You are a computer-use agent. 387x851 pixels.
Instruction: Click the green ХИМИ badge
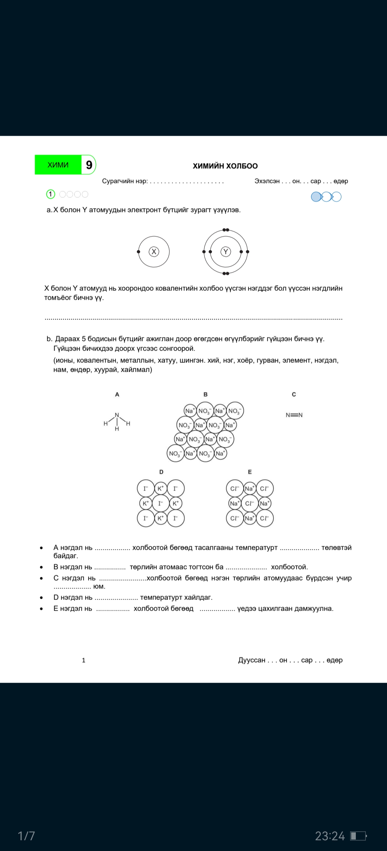click(x=58, y=165)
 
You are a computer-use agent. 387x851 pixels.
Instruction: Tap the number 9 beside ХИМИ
click(x=89, y=165)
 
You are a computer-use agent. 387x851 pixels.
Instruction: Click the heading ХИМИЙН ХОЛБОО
click(x=225, y=166)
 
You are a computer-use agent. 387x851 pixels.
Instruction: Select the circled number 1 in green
click(x=51, y=194)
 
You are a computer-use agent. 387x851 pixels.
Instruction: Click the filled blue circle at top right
click(x=316, y=197)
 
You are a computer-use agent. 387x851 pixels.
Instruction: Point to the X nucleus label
click(x=154, y=252)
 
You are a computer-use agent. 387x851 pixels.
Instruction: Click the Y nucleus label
click(x=226, y=252)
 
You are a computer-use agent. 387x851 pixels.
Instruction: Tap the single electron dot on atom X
click(x=139, y=252)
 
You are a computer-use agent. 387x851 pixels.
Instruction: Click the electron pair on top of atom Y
click(x=226, y=230)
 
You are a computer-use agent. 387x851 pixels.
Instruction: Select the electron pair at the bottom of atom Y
click(x=226, y=274)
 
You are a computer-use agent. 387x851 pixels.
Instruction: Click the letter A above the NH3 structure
click(x=117, y=394)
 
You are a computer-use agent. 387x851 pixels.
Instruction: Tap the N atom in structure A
click(x=117, y=415)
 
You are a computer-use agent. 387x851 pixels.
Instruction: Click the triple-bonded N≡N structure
click(x=294, y=415)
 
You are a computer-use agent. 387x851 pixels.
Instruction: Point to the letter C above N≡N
click(x=294, y=394)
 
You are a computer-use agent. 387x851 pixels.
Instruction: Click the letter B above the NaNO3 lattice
click(x=205, y=394)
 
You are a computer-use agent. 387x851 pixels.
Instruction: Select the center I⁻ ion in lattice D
click(x=161, y=503)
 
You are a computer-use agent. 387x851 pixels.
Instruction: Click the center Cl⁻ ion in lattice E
click(x=249, y=503)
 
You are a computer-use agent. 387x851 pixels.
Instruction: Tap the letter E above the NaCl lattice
click(x=250, y=472)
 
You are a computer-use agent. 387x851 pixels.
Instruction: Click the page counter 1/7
click(x=27, y=836)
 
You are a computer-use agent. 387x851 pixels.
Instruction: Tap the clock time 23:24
click(x=330, y=836)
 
